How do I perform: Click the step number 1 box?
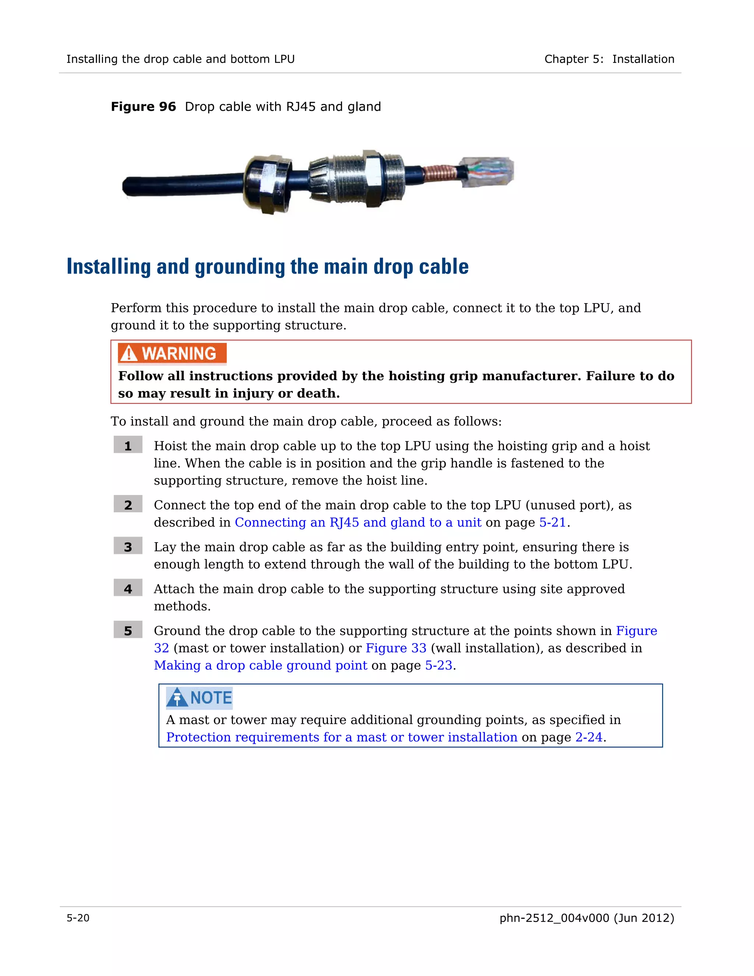pyautogui.click(x=128, y=445)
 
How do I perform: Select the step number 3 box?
pyautogui.click(x=128, y=546)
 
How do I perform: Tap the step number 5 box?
pyautogui.click(x=128, y=630)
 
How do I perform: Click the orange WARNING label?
pyautogui.click(x=172, y=354)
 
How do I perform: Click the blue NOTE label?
pyautogui.click(x=199, y=698)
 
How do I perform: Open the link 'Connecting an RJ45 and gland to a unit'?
pyautogui.click(x=358, y=522)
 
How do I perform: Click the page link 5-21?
pyautogui.click(x=553, y=522)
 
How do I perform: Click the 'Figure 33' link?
pyautogui.click(x=396, y=647)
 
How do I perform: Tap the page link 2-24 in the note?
pyautogui.click(x=589, y=737)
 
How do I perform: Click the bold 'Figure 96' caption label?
pyautogui.click(x=143, y=107)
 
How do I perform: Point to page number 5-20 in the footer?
pyautogui.click(x=78, y=918)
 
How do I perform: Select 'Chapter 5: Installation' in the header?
pyautogui.click(x=609, y=59)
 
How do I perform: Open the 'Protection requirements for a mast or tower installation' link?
pyautogui.click(x=342, y=737)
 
